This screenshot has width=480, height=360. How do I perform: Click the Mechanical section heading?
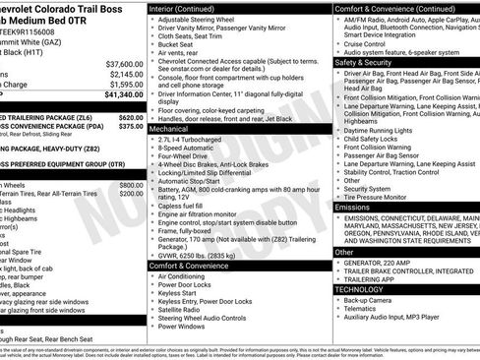168,129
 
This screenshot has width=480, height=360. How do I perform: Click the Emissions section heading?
352,208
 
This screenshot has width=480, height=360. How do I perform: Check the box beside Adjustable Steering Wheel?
152,20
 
